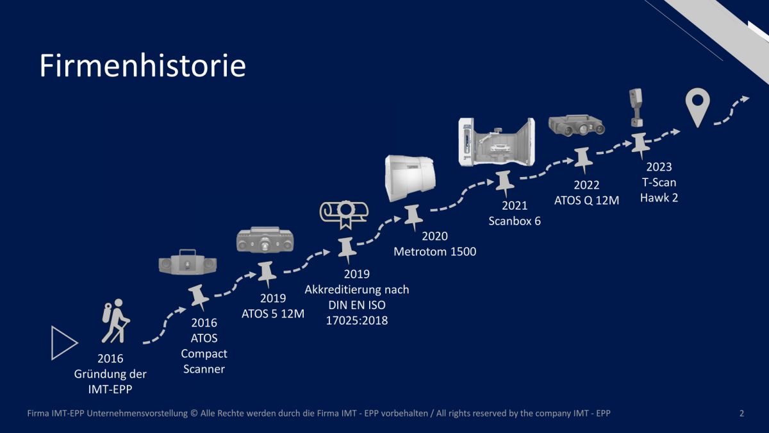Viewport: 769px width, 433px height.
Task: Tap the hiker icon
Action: click(x=116, y=321)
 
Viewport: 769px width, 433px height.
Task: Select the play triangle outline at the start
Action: click(x=64, y=343)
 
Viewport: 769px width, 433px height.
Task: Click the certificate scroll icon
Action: click(x=344, y=215)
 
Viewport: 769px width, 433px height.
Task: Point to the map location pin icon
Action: click(x=698, y=107)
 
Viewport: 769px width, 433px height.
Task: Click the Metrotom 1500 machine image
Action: click(x=410, y=178)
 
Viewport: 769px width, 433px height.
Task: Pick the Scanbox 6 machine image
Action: click(x=497, y=142)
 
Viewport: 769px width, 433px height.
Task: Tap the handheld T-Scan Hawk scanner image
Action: click(x=636, y=108)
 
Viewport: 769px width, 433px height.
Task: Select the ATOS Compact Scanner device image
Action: click(x=187, y=262)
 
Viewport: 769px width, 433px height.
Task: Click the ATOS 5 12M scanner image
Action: click(x=265, y=240)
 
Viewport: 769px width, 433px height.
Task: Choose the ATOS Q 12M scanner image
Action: click(x=576, y=125)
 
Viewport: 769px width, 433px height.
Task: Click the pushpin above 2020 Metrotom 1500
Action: click(x=413, y=217)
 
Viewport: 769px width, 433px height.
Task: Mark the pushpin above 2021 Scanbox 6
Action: click(x=505, y=184)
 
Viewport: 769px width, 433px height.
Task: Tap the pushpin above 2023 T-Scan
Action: click(x=640, y=146)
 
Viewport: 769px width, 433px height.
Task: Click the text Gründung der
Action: click(x=110, y=374)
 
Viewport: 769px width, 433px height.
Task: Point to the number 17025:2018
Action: click(x=357, y=320)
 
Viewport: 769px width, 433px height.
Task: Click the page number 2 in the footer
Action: click(x=741, y=413)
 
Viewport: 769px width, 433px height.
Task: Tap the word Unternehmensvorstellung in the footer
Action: click(x=137, y=413)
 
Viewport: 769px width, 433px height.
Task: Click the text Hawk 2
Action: click(x=659, y=198)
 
